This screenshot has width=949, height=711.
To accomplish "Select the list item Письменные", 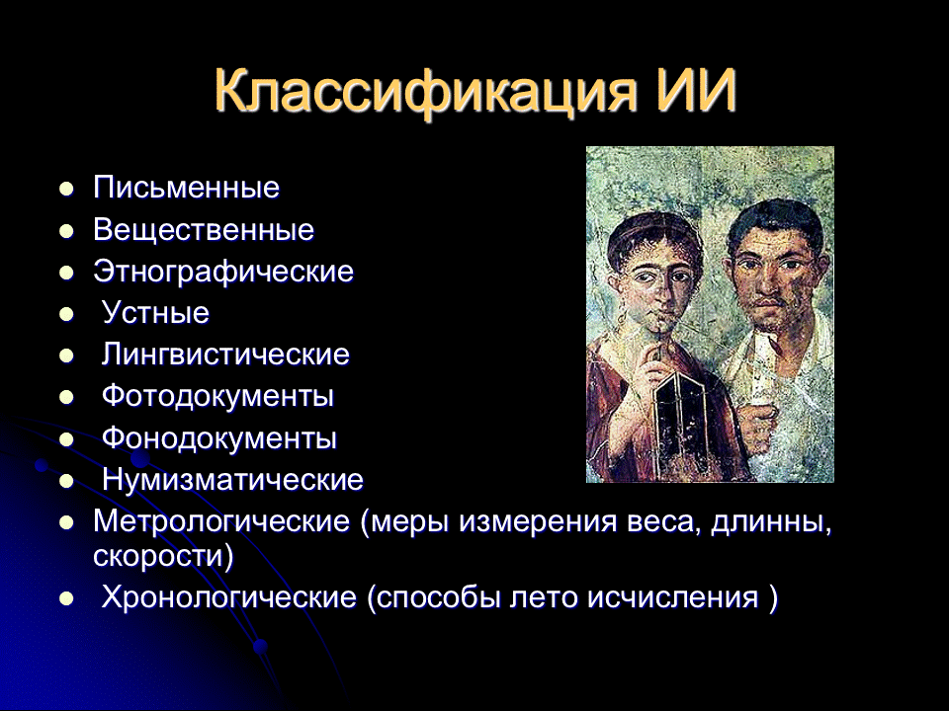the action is point(187,188).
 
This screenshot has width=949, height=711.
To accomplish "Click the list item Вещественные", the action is point(204,230).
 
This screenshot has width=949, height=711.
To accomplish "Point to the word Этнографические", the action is point(224,273).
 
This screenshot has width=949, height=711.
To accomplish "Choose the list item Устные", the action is point(155,313).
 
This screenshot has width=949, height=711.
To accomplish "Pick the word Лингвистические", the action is point(225,355).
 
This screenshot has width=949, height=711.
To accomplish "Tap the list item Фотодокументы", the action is point(217,397).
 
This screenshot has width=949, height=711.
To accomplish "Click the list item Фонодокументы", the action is point(219,438).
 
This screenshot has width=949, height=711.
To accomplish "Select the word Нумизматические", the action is point(233,480).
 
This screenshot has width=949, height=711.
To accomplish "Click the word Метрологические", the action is point(221,521).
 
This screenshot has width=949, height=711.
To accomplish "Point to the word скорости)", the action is point(163,556).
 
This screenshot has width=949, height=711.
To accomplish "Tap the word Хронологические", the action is point(228,598).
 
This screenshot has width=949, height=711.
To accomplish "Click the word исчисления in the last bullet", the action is point(673,598).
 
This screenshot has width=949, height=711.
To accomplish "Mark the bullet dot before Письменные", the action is point(66,189).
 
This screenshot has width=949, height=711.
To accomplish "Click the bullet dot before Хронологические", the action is point(66,599).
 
